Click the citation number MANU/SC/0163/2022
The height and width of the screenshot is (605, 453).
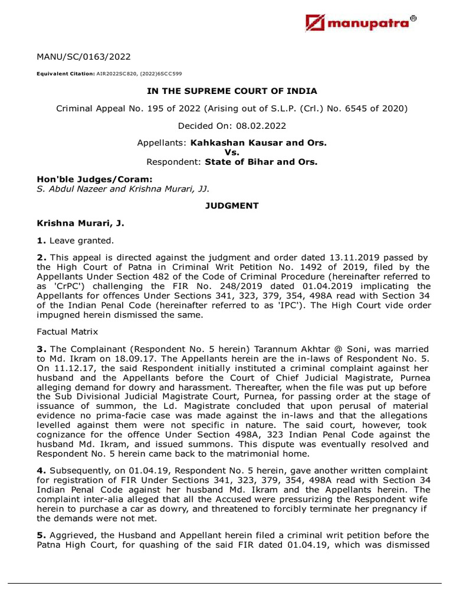(84, 57)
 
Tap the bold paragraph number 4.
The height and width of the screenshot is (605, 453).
(40, 470)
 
